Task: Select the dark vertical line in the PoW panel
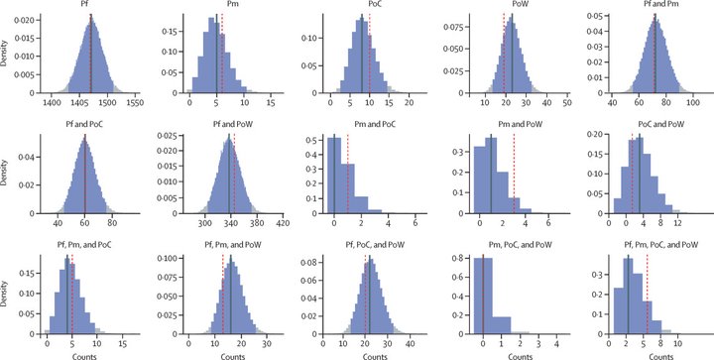512,54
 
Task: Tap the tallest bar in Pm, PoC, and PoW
483,297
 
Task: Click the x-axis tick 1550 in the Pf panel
134,103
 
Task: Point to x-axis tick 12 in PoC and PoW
677,223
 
